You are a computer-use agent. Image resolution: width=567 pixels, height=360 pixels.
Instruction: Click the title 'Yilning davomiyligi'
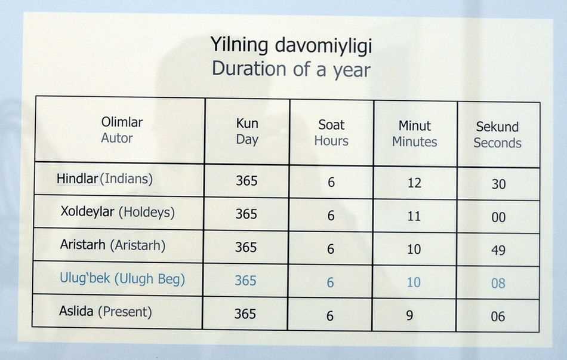click(291, 45)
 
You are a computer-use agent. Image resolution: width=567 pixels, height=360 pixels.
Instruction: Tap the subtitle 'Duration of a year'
click(291, 69)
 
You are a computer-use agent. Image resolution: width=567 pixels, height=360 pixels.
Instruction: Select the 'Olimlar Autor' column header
click(122, 130)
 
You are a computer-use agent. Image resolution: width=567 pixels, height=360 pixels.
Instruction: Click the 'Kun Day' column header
click(247, 131)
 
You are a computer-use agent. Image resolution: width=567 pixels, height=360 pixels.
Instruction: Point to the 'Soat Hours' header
click(331, 133)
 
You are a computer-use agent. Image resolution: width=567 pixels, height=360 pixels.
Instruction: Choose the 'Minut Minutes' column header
click(415, 134)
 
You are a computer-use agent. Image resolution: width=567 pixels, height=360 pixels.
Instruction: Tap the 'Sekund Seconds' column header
click(498, 135)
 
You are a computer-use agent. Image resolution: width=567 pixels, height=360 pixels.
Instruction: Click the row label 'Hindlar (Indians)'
click(105, 179)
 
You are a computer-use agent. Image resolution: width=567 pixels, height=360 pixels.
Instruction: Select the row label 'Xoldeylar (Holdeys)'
click(118, 212)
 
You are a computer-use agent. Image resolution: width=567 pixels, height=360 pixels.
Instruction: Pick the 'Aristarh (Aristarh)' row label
click(113, 245)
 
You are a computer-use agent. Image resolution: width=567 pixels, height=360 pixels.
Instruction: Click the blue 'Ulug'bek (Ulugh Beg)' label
click(122, 279)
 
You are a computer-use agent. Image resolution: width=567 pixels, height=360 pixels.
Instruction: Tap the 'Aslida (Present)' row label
click(106, 312)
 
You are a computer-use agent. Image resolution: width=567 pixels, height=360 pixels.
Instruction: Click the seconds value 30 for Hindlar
click(498, 184)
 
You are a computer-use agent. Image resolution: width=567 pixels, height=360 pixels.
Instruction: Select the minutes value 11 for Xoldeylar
click(414, 216)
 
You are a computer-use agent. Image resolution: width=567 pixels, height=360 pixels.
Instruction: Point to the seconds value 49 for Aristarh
click(498, 250)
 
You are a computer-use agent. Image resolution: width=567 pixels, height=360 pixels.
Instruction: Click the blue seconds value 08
click(498, 283)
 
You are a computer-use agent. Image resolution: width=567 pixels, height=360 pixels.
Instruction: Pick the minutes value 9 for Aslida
click(409, 315)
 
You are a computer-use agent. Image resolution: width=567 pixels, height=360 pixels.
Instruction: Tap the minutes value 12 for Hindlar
click(414, 183)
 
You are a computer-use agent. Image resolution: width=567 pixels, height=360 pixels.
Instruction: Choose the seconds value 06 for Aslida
click(498, 316)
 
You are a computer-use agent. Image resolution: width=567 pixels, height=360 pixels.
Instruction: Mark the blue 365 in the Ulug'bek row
click(245, 281)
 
